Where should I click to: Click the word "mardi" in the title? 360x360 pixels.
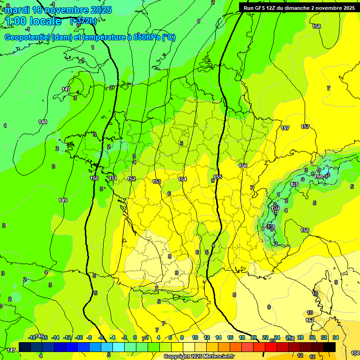(x=16, y=10)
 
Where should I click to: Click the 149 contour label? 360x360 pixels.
(x=63, y=200)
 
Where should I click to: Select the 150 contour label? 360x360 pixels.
(x=94, y=179)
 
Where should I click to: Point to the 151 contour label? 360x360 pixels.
(x=113, y=179)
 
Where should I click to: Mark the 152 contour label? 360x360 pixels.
(x=132, y=179)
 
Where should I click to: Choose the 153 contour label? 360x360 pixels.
(x=157, y=181)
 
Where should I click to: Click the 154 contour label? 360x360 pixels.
(x=182, y=179)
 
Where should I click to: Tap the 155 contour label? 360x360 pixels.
(x=218, y=177)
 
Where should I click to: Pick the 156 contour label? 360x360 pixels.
(x=243, y=165)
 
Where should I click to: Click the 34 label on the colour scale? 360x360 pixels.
(x=336, y=337)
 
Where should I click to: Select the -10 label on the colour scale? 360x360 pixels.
(x=79, y=337)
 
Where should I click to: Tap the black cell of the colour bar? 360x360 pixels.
(x=330, y=347)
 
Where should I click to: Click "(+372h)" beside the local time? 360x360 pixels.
(x=84, y=21)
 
